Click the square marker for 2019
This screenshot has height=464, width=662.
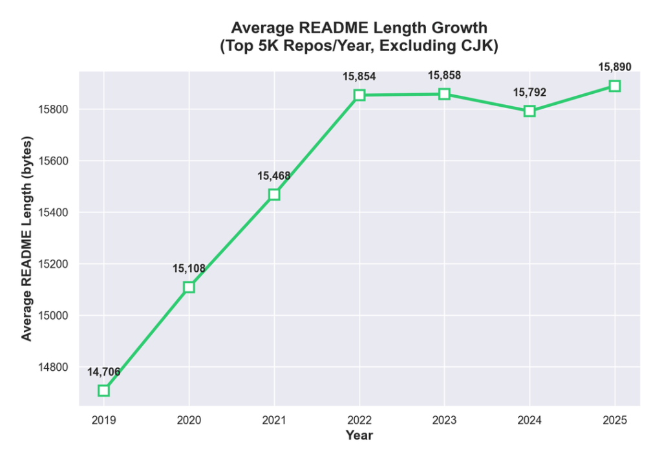tap(103, 390)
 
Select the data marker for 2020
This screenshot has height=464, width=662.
tap(189, 287)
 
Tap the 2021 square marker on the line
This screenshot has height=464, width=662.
tap(274, 194)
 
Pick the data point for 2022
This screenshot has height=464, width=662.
tap(359, 95)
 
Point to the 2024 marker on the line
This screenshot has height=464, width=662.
tap(529, 111)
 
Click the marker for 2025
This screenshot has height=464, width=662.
tap(614, 86)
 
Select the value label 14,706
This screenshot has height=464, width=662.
tap(103, 371)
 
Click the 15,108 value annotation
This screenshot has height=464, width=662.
tap(189, 268)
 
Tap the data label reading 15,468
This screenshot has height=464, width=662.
tap(274, 175)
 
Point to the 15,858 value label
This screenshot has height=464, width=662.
tap(444, 76)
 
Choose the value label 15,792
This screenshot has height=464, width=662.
tap(529, 93)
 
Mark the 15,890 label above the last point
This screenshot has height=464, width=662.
tap(614, 67)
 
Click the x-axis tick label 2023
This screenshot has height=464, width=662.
tap(444, 420)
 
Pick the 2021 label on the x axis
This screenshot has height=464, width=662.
tap(274, 420)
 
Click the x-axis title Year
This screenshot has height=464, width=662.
tap(359, 436)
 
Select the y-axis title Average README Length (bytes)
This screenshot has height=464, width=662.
tap(27, 238)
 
